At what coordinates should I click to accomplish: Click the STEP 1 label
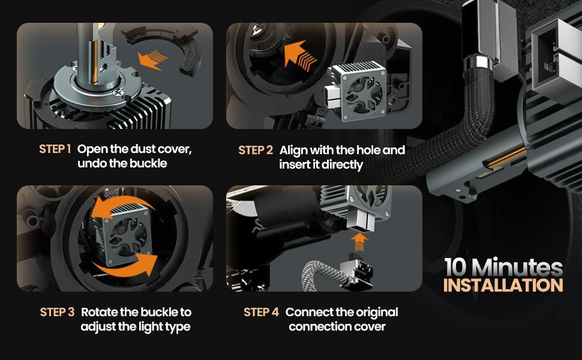point(55,149)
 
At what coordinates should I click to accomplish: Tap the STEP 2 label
point(256,150)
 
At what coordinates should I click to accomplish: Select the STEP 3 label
point(57,312)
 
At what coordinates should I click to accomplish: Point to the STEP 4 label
point(261,312)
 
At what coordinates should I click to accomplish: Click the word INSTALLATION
point(503,285)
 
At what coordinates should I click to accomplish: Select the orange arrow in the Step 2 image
point(300,56)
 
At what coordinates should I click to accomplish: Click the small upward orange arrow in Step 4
point(359,242)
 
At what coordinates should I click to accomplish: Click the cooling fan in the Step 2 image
point(364,93)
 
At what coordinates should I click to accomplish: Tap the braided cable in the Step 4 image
point(321,275)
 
